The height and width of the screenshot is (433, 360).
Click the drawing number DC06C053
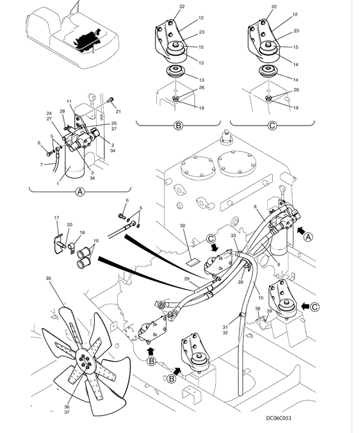pos(278,418)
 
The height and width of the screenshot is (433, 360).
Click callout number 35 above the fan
pos(48,279)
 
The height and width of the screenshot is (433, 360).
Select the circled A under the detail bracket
pos(80,192)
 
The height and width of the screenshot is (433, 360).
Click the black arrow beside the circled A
pos(300,231)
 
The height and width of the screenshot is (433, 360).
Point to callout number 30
pos(183,225)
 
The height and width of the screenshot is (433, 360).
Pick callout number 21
pos(118,111)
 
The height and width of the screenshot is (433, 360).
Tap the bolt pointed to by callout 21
pos(110,100)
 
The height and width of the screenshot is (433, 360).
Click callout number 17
pos(56,218)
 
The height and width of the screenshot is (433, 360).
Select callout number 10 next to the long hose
pos(260,298)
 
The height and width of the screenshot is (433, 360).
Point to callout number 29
pos(187,279)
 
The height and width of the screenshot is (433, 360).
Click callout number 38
pos(258,309)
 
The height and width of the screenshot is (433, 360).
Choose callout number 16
pos(96,241)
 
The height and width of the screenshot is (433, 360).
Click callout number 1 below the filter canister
pos(58,184)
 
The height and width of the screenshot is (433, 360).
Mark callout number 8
pos(256,206)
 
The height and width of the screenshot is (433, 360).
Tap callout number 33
pos(234,236)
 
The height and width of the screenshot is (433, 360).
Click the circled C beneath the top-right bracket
pos(272,126)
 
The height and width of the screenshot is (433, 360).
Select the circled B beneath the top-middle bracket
pos(178,126)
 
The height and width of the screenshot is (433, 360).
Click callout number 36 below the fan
pos(67,407)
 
